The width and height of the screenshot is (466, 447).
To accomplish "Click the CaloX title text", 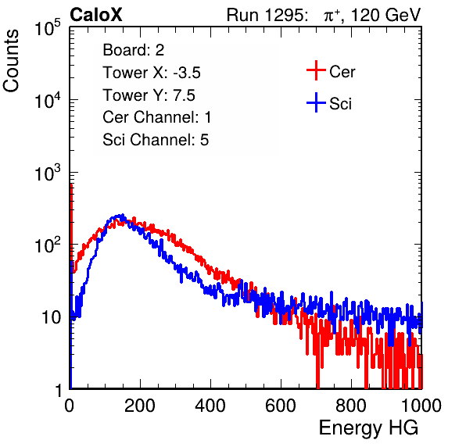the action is [x=96, y=15].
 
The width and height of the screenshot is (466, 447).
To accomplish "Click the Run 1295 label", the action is [x=267, y=15].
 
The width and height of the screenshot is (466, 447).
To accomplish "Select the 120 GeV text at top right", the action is [x=386, y=15].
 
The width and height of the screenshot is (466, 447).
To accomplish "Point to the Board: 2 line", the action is [x=134, y=50].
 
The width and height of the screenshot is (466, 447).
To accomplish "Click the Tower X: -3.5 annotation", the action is [x=152, y=73].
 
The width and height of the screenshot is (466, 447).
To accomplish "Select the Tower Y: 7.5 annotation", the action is [x=149, y=95].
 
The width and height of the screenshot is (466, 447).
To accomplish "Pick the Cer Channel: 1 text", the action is [x=157, y=117].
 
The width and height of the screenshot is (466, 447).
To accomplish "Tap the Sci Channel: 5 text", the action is [x=156, y=140].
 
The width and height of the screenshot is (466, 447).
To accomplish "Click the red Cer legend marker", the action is [x=316, y=70].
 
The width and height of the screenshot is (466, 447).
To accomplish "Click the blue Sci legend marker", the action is [x=316, y=103].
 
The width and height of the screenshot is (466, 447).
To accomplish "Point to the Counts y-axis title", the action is [x=11, y=61].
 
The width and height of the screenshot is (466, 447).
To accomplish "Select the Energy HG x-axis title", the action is [x=368, y=428].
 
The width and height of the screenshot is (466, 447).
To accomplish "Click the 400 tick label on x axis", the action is [x=210, y=406].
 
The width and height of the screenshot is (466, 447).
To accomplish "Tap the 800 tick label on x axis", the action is [x=351, y=406].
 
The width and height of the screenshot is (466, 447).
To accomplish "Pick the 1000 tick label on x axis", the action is [x=421, y=406].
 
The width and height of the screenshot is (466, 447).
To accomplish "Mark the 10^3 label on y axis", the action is [x=48, y=173].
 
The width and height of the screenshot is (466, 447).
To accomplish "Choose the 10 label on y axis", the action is [x=51, y=317].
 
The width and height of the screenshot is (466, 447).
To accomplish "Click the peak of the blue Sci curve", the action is [x=120, y=215].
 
